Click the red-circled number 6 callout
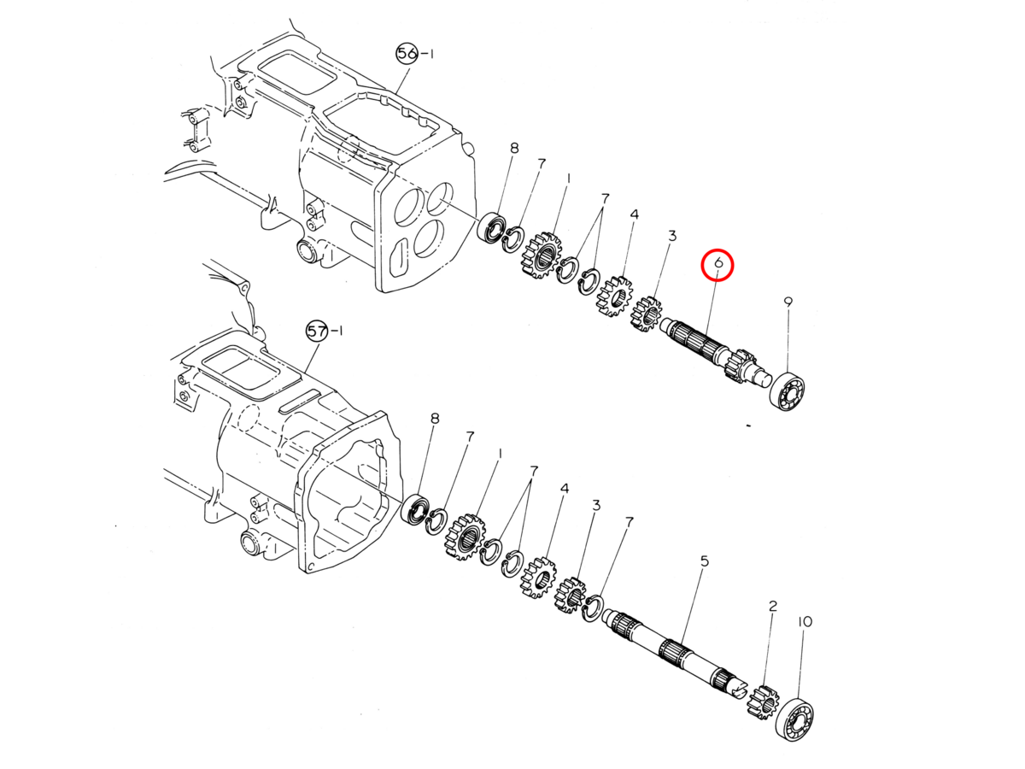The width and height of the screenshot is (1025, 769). click(x=718, y=264)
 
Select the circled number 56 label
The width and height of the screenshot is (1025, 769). click(x=407, y=54)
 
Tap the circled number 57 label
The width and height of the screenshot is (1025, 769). click(x=317, y=331)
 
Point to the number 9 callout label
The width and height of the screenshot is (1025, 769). click(x=788, y=302)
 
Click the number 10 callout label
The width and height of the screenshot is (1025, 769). click(x=805, y=621)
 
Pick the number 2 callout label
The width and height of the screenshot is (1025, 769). click(x=773, y=606)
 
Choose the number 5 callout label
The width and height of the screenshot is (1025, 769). click(x=705, y=561)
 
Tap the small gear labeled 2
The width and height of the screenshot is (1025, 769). click(x=761, y=701)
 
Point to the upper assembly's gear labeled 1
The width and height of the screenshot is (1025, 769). click(x=541, y=255)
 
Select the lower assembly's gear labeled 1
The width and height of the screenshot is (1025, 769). click(x=467, y=537)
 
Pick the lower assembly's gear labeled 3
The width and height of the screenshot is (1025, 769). click(x=571, y=596)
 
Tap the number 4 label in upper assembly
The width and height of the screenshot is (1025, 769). click(x=634, y=214)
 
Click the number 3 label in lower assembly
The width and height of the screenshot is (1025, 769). click(x=596, y=505)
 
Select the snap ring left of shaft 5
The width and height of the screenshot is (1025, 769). click(x=593, y=608)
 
